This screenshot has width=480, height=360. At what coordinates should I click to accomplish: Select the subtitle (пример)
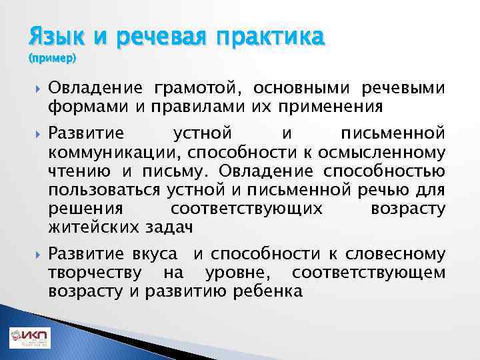53,59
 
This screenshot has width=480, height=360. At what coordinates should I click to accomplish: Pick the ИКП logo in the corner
29,337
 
